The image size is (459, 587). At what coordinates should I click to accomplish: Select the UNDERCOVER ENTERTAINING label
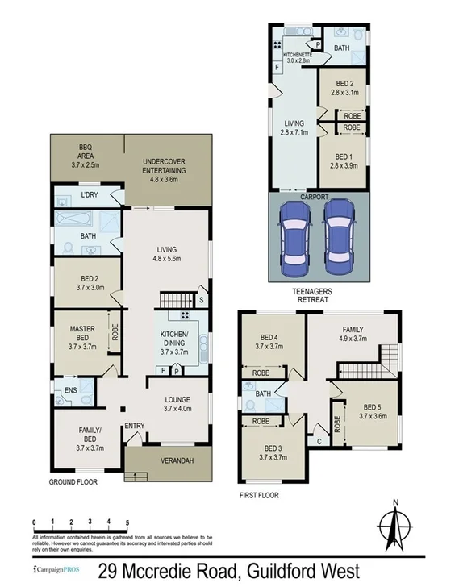pos(159,165)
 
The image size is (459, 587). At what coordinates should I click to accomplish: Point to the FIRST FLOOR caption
pos(259,495)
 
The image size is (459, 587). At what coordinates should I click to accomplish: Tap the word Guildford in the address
pos(271,572)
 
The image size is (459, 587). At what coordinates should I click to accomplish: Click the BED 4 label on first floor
pos(271,342)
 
